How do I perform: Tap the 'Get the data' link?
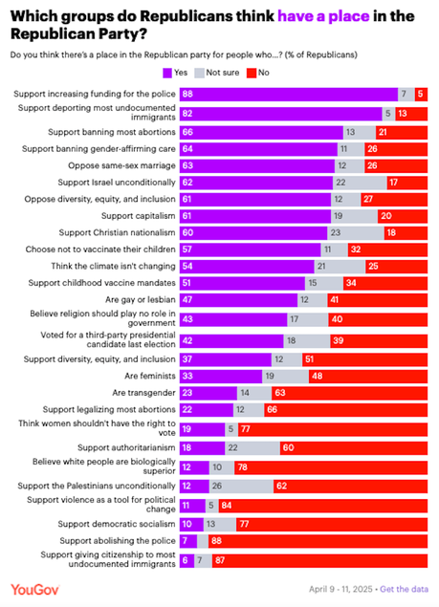(x=405, y=590)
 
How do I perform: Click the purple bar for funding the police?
(x=288, y=94)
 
